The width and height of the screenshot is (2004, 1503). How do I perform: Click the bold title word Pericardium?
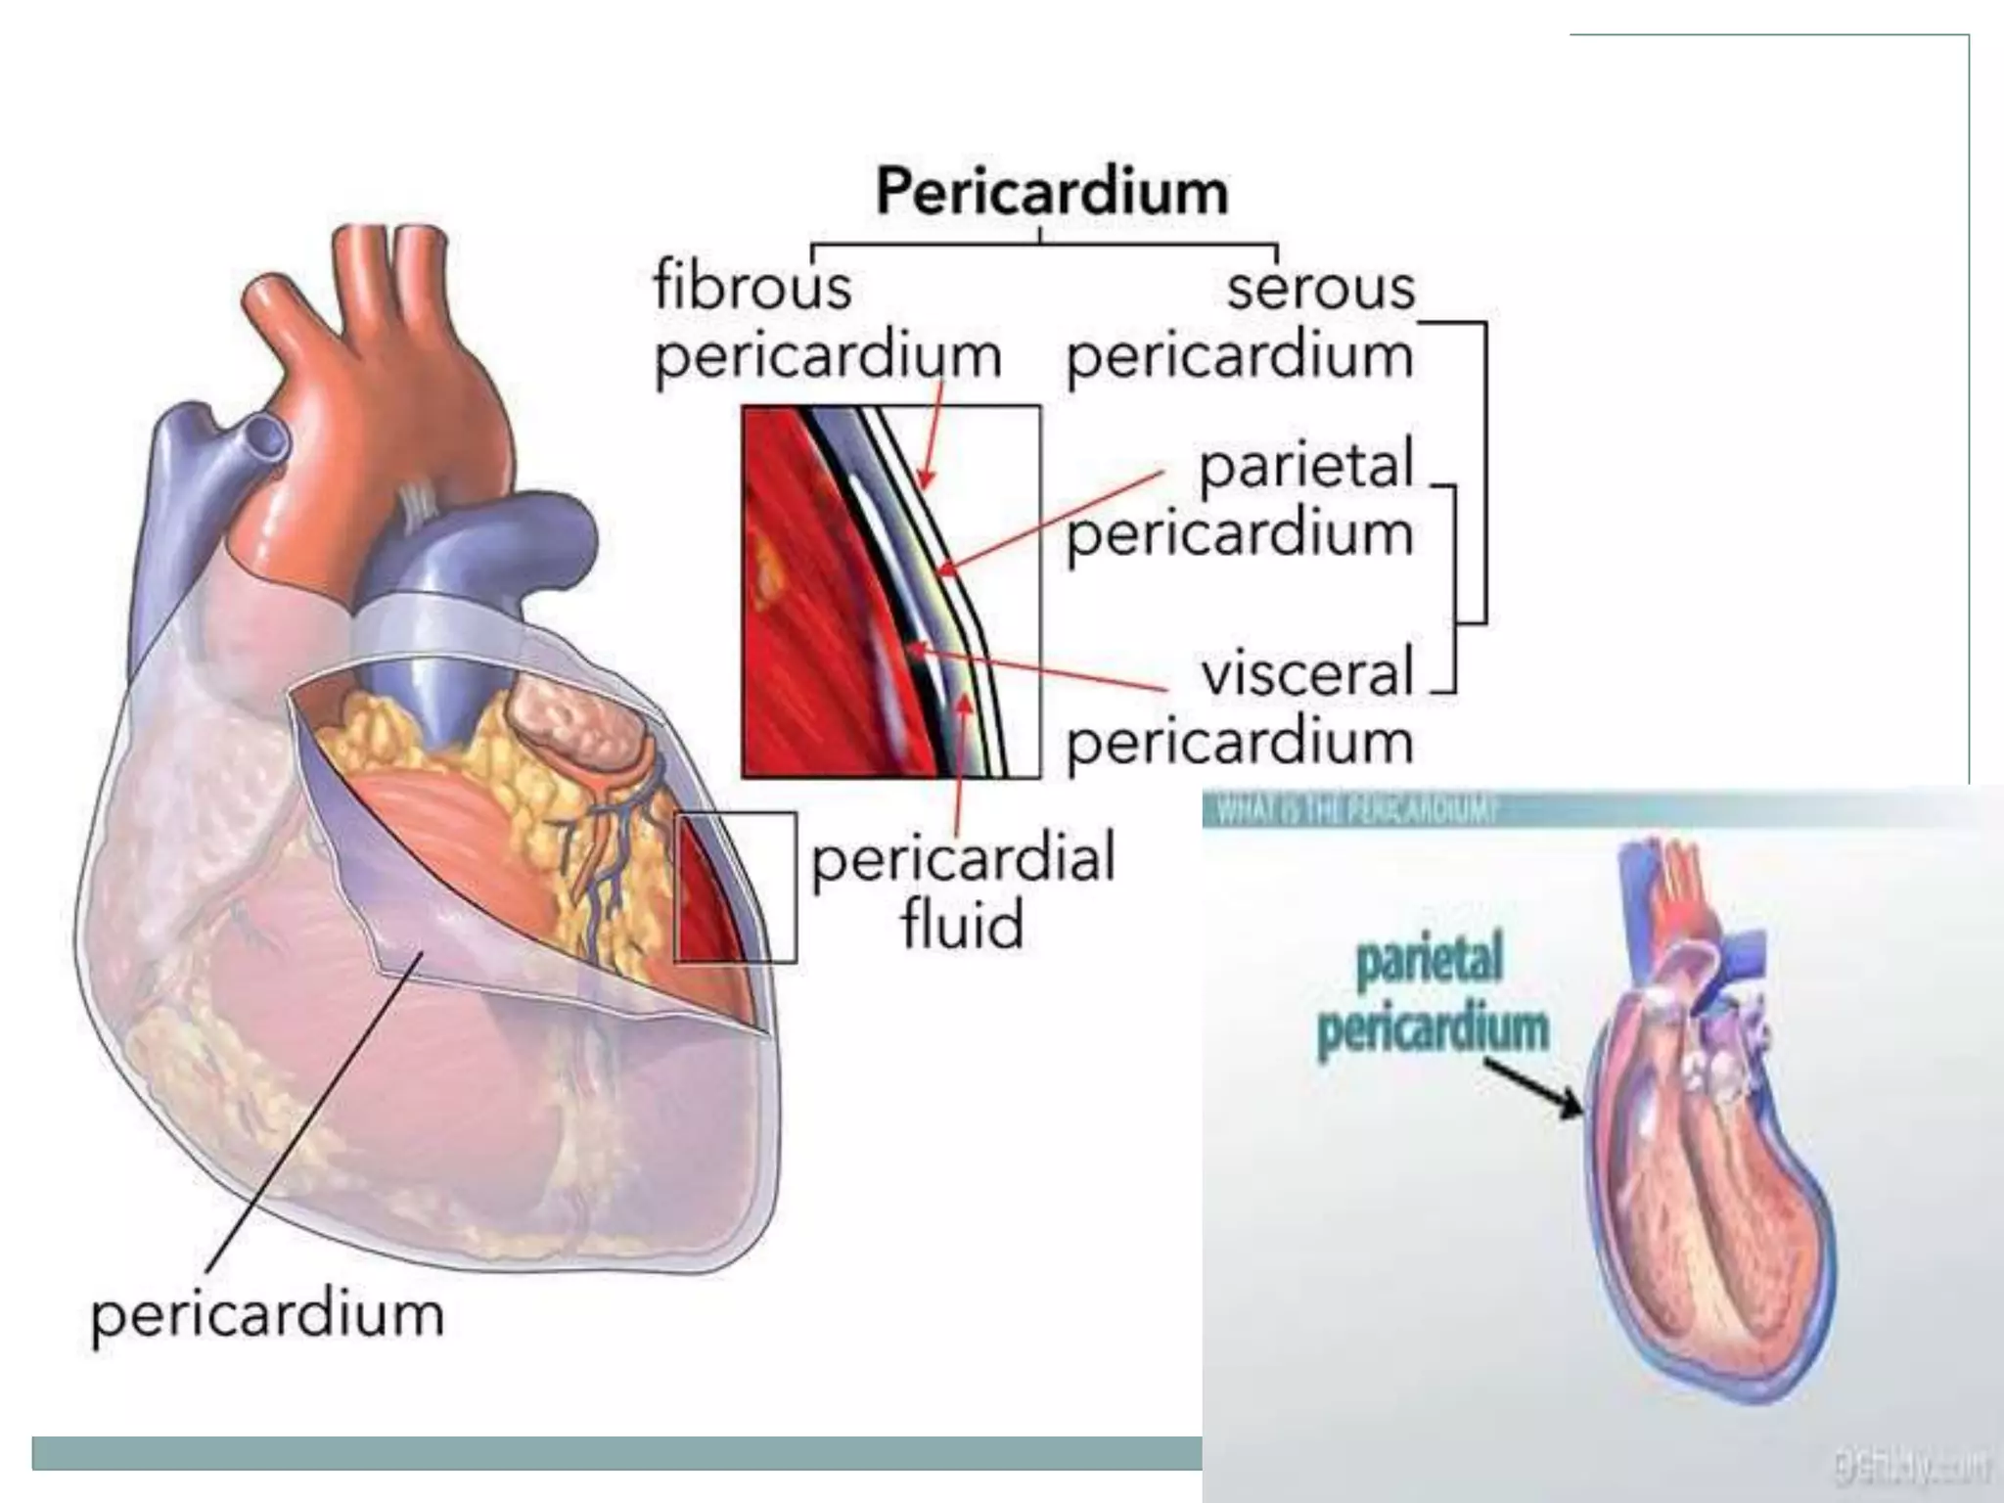click(x=1051, y=192)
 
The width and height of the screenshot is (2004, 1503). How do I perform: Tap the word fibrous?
click(x=751, y=288)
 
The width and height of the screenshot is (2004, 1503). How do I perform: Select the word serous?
click(x=1320, y=288)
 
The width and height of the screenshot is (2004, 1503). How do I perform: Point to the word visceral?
click(x=1307, y=674)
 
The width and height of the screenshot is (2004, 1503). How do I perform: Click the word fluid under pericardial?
click(x=962, y=924)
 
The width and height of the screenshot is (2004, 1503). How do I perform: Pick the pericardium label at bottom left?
click(x=267, y=1314)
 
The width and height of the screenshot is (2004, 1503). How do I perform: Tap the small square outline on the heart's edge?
click(x=735, y=887)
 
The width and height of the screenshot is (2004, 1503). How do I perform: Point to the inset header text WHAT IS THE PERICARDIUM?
click(x=1355, y=811)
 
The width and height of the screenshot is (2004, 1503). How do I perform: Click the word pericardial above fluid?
click(x=963, y=858)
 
